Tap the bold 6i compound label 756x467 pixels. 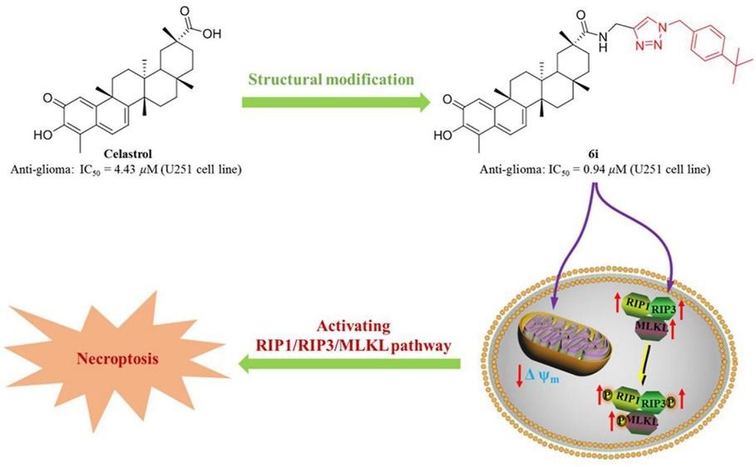[x=597, y=155]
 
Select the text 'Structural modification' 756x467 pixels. [x=331, y=80]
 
